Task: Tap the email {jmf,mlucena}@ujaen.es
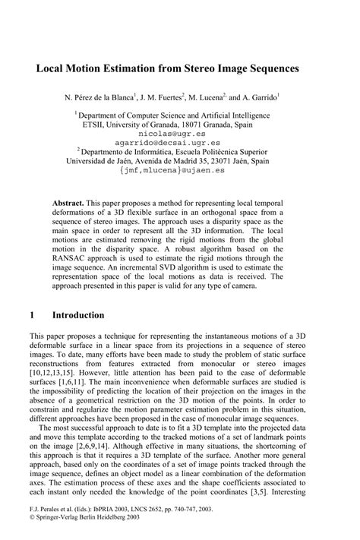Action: pos(179,172)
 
